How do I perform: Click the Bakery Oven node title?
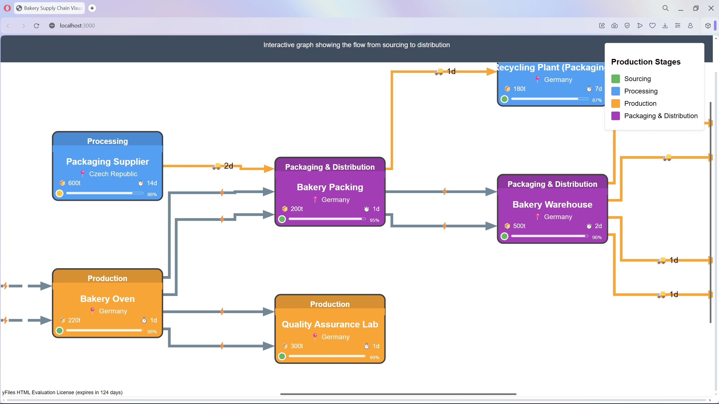coord(107,299)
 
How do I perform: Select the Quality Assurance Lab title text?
coord(330,324)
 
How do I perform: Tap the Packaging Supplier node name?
coord(107,162)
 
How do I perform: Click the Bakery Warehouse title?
coord(552,205)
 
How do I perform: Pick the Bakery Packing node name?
coord(330,187)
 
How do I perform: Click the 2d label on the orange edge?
coord(228,166)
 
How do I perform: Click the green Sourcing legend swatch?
coord(615,79)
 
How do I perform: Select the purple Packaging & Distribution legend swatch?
coord(615,116)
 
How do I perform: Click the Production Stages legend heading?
coord(646,62)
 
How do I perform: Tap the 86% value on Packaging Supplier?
coord(152,194)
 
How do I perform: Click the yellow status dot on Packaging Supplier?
coord(60,193)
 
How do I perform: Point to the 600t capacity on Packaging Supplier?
coord(74,183)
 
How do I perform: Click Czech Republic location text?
coord(113,174)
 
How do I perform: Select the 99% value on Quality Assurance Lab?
coord(374,357)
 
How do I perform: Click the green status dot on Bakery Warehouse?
coord(504,236)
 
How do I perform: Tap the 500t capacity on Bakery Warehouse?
coord(519,226)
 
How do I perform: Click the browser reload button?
coord(37,26)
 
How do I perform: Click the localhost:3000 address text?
coord(77,26)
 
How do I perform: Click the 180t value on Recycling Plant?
coord(519,89)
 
